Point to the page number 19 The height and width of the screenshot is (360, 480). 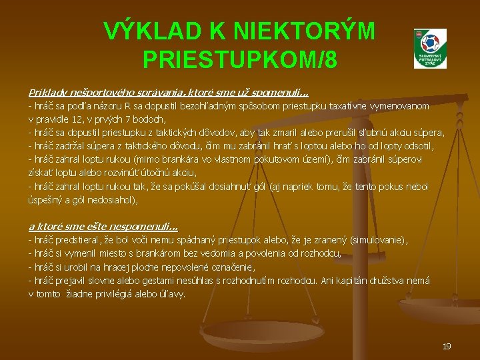pyautogui.click(x=447, y=346)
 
